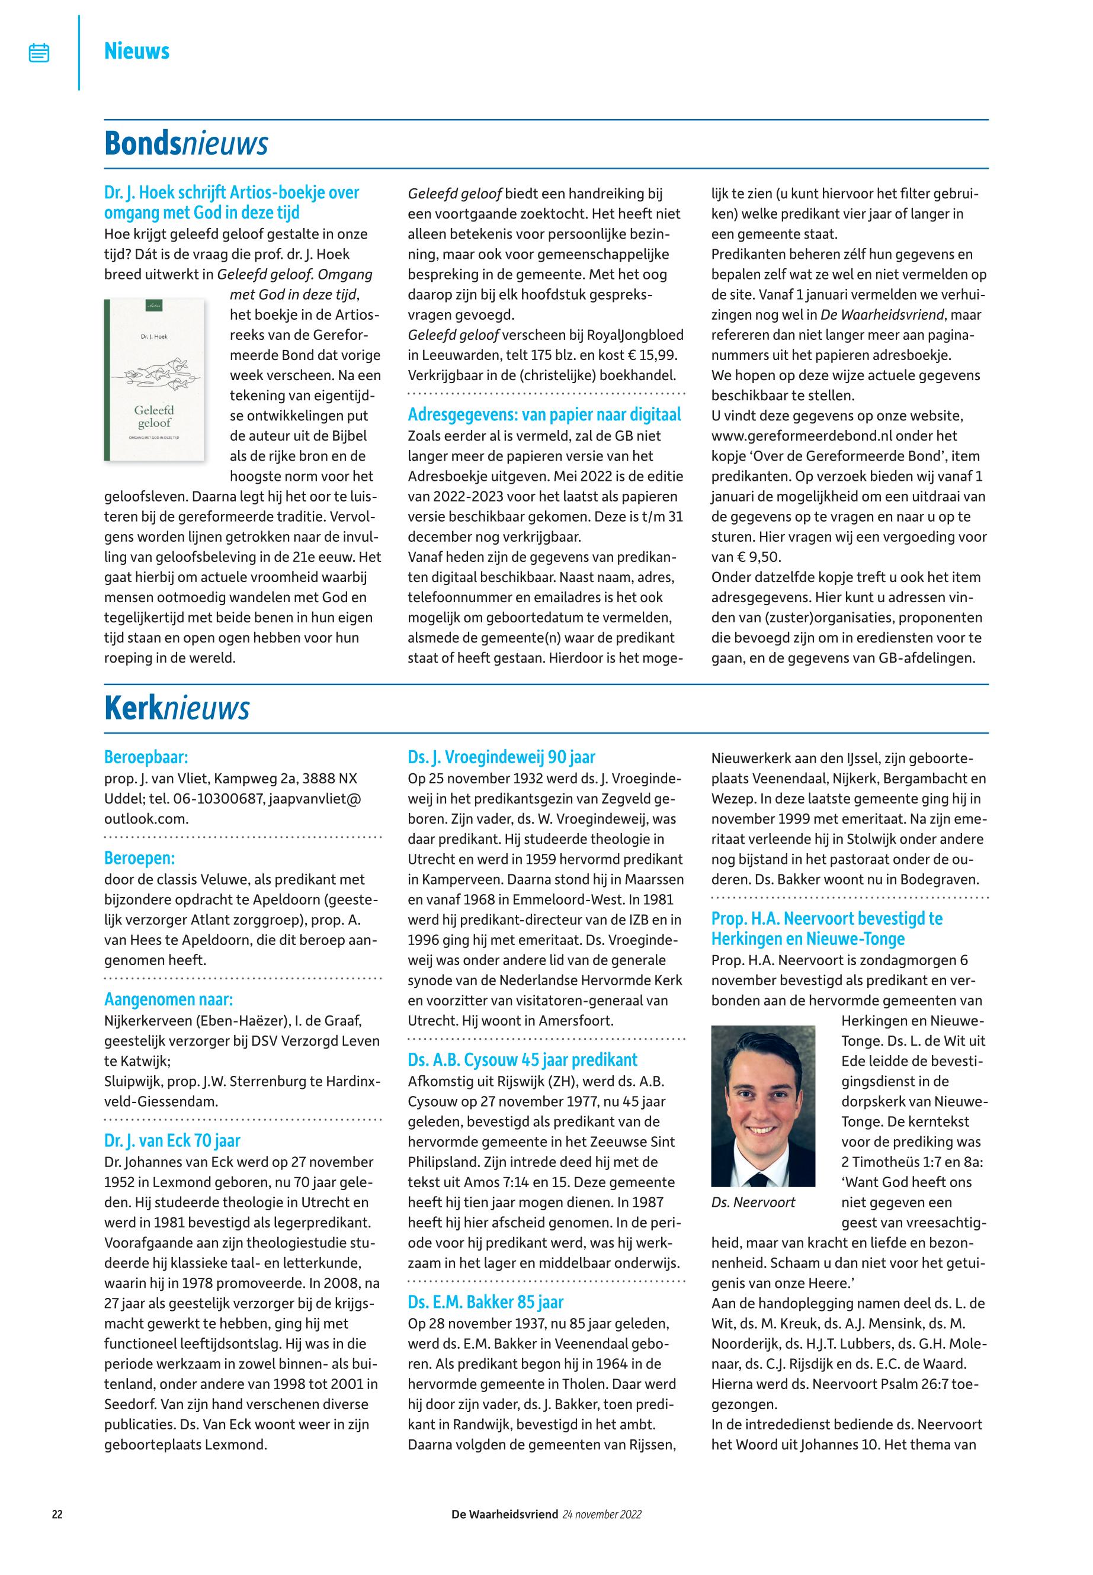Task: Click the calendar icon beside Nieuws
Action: coord(39,53)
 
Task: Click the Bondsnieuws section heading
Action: coord(185,144)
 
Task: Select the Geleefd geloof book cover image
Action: coord(154,380)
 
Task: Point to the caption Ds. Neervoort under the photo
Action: coord(754,1203)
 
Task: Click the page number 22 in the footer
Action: coord(57,1514)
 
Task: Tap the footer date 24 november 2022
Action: coord(602,1514)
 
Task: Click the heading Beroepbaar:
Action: coord(146,757)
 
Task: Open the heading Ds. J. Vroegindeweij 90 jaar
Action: coord(501,757)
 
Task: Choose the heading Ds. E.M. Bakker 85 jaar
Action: coord(486,1302)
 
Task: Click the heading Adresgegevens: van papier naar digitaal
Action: coord(544,415)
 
